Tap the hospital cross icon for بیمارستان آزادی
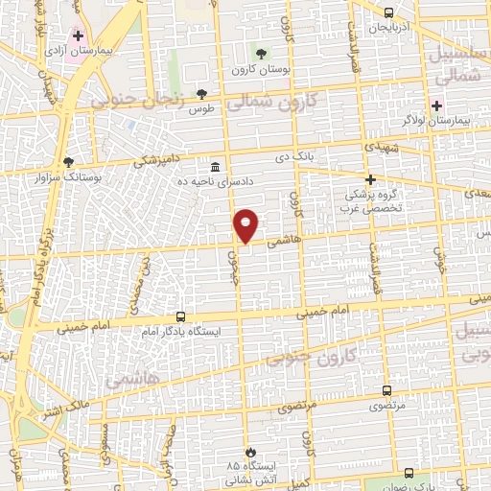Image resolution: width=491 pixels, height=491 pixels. pyautogui.click(x=78, y=35)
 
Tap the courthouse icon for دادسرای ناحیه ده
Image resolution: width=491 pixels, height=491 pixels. pyautogui.click(x=215, y=167)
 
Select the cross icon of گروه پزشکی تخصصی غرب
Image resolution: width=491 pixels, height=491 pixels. pyautogui.click(x=371, y=179)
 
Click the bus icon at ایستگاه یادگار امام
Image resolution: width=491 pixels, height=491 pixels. pyautogui.click(x=180, y=316)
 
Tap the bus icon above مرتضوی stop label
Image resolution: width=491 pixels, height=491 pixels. pyautogui.click(x=386, y=390)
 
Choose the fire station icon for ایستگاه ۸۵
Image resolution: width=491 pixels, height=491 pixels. pyautogui.click(x=250, y=451)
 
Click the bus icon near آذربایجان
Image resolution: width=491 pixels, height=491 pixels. pyautogui.click(x=388, y=12)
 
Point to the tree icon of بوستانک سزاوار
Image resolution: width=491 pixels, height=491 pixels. pyautogui.click(x=66, y=162)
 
